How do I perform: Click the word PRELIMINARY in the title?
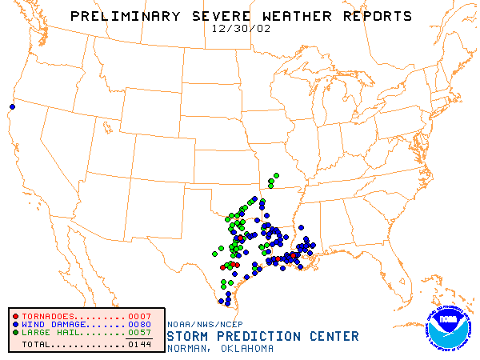(121, 16)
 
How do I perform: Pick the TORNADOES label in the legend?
(51, 316)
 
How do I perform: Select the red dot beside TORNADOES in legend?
(15, 316)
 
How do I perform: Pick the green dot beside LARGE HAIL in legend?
(15, 332)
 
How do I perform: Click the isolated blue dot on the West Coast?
(12, 106)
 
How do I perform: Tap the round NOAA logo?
(449, 328)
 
